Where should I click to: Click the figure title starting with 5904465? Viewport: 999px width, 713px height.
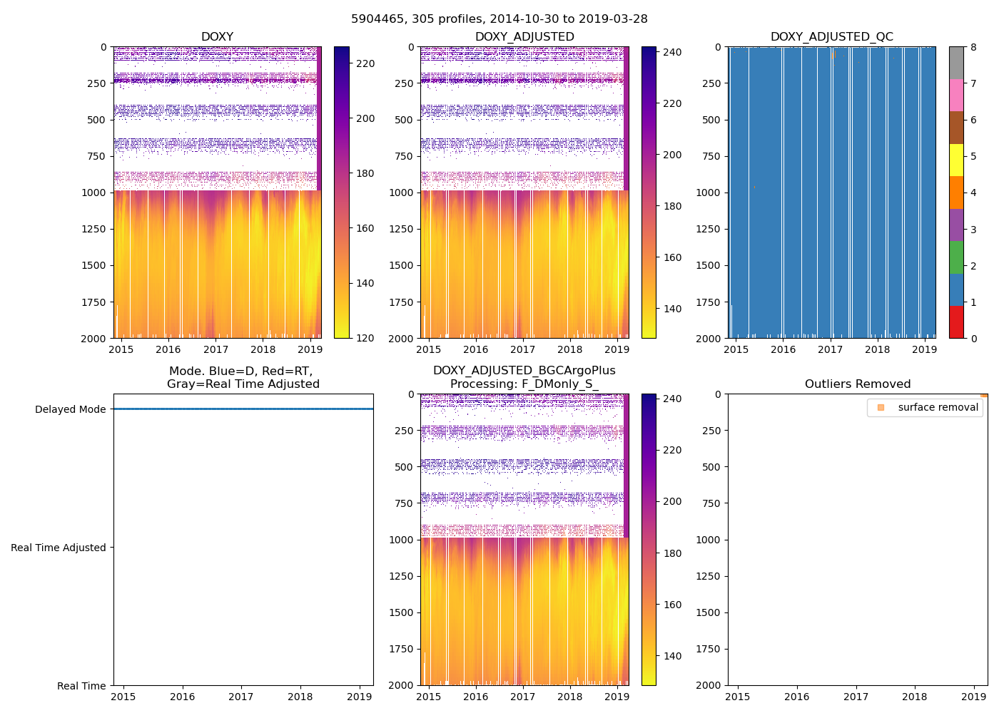click(499, 19)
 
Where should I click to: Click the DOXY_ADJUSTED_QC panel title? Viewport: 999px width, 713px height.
click(831, 37)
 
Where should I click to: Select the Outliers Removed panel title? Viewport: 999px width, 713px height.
click(857, 384)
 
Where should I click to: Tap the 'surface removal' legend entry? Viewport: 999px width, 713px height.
click(938, 408)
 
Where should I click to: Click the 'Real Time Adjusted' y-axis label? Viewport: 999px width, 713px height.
click(58, 548)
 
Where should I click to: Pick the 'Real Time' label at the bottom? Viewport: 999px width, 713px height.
click(81, 686)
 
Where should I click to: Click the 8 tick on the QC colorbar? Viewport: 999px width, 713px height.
click(973, 48)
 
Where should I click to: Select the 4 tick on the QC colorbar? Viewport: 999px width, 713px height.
click(973, 193)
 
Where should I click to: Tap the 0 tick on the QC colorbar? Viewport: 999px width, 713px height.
click(973, 339)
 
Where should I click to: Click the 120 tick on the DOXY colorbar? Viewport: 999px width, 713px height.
click(365, 339)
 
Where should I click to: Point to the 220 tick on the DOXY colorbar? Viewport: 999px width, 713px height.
click(365, 64)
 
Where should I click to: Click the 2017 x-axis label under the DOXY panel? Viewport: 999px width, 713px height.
click(215, 349)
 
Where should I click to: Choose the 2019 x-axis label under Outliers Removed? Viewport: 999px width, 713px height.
click(974, 697)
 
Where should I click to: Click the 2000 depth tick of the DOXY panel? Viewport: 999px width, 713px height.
click(93, 339)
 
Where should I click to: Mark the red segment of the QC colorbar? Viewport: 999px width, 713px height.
click(956, 322)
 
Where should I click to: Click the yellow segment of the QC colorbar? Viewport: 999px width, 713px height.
click(956, 160)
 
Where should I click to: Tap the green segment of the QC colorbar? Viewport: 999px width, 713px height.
click(956, 257)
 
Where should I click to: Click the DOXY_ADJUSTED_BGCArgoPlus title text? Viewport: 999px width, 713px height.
click(524, 371)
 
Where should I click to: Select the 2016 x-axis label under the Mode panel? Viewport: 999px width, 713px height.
click(182, 697)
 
